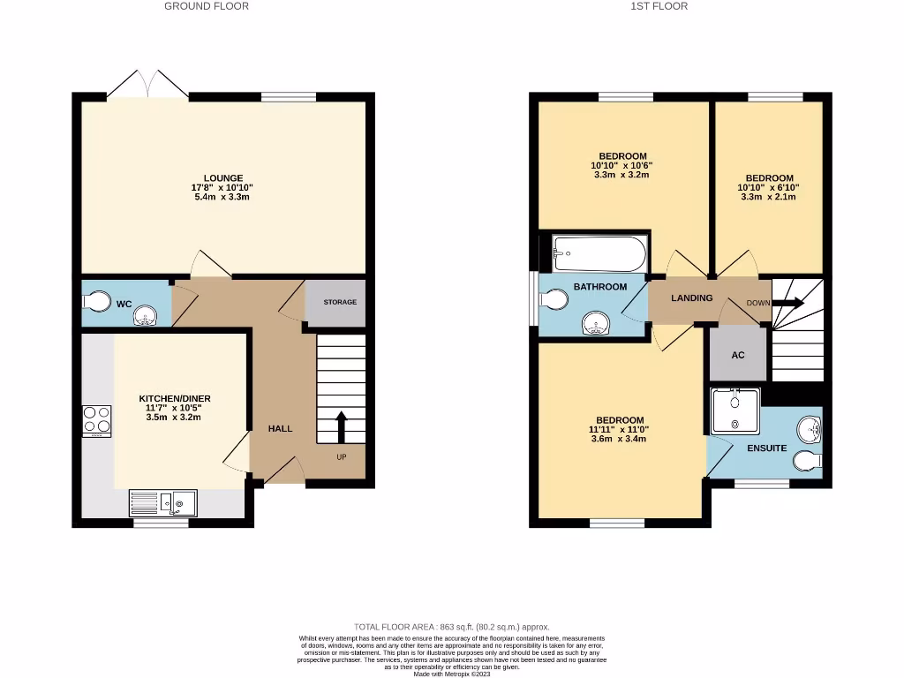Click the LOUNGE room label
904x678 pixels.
click(x=222, y=177)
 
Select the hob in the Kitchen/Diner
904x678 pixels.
click(x=96, y=420)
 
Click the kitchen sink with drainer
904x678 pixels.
click(x=164, y=503)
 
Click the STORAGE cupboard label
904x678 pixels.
click(x=340, y=302)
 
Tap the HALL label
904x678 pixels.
click(x=280, y=428)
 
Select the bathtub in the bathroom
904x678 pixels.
click(x=598, y=254)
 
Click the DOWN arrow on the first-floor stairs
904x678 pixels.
click(x=788, y=303)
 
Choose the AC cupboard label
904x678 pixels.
click(x=738, y=355)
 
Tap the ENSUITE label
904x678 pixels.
click(x=766, y=448)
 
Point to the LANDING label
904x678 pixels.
click(x=691, y=298)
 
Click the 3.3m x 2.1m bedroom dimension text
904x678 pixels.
click(x=769, y=197)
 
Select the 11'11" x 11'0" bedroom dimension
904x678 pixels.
click(x=619, y=429)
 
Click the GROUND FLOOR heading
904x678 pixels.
click(x=207, y=6)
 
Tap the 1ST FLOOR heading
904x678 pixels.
click(x=659, y=6)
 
